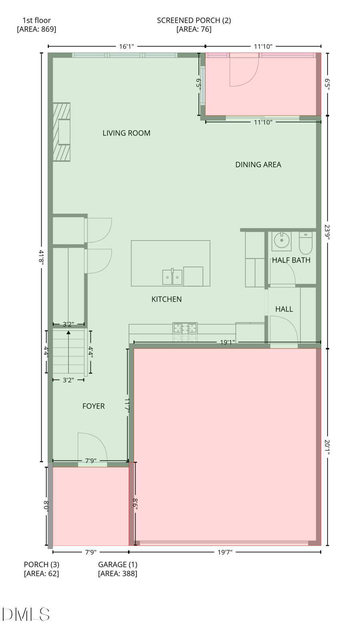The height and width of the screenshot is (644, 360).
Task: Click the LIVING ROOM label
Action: (126, 133)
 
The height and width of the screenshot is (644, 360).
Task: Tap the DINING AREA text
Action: (258, 165)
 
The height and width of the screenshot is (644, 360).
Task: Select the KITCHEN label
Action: (166, 299)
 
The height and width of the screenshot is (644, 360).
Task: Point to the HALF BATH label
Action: (291, 260)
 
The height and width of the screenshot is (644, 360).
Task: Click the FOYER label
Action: (94, 406)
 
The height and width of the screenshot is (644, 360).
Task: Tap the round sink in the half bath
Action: (282, 241)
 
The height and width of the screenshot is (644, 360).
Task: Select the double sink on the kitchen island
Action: (172, 277)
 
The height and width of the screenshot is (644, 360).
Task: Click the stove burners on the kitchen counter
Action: (185, 329)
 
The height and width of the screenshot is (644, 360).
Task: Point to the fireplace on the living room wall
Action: (62, 132)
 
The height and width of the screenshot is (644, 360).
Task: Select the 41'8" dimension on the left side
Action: (41, 257)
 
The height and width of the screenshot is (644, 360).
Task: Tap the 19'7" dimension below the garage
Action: (225, 552)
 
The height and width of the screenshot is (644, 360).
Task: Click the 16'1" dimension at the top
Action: (126, 46)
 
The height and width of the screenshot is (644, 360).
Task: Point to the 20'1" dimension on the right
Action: (327, 447)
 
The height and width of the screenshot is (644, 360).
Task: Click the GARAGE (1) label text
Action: (118, 565)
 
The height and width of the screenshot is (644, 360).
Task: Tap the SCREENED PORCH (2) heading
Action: (194, 20)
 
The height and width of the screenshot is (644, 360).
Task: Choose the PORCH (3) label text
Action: (42, 565)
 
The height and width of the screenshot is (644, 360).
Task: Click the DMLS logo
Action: (26, 614)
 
